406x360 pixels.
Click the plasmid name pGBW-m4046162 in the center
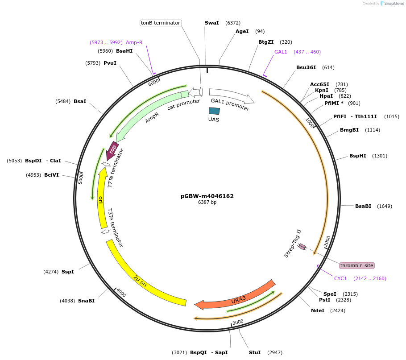[x=207, y=196]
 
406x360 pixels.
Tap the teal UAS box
[x=214, y=112]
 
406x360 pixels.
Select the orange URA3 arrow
[x=236, y=296]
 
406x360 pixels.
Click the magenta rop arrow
[x=112, y=149]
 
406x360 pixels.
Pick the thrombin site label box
[x=356, y=265]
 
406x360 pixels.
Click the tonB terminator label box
[x=160, y=23]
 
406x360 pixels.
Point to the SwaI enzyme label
[x=211, y=23]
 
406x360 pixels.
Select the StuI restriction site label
[x=255, y=352]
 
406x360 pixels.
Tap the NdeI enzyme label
[x=318, y=310]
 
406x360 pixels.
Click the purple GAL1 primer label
[x=281, y=52]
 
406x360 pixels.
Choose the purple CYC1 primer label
[x=340, y=278]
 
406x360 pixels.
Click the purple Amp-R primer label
[x=134, y=42]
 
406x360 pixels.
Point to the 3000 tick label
[x=238, y=322]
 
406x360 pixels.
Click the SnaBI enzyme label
[x=86, y=301]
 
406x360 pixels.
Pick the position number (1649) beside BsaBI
[x=385, y=206]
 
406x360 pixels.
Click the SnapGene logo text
[x=393, y=3]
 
